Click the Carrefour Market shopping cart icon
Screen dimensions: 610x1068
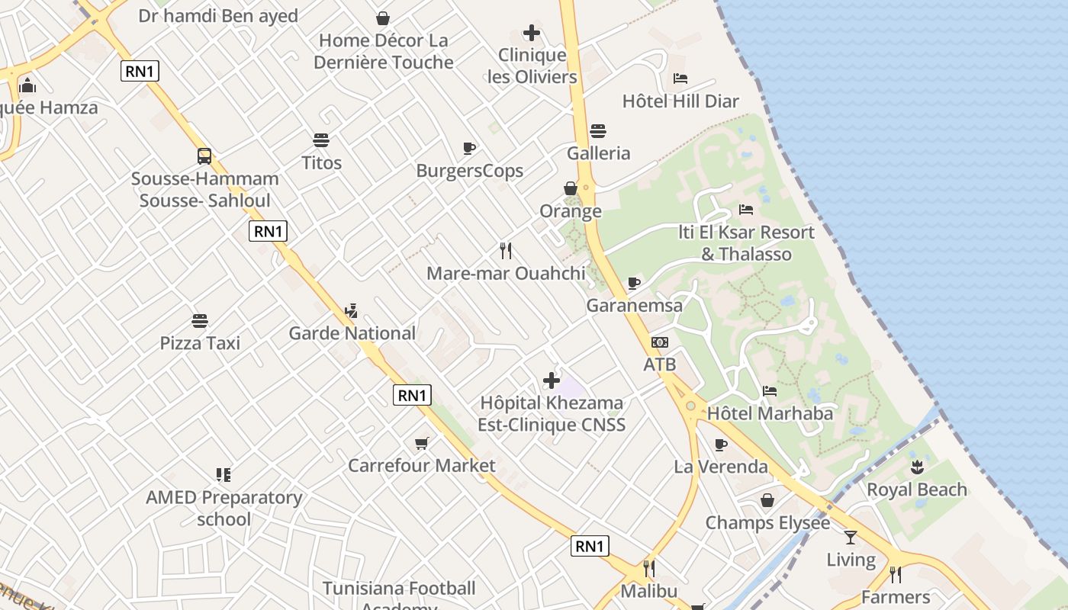(x=421, y=443)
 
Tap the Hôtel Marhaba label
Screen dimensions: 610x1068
(x=770, y=413)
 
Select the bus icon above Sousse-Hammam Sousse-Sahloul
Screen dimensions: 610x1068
(x=204, y=156)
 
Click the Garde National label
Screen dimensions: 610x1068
(x=352, y=333)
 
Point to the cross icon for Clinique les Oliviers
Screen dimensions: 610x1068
(x=532, y=33)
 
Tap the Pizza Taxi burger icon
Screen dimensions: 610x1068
(x=200, y=321)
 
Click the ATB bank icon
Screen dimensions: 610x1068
(x=660, y=342)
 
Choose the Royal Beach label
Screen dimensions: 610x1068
(x=917, y=490)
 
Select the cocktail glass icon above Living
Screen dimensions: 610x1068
(x=851, y=538)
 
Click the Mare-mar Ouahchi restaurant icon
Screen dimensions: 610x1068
(x=505, y=250)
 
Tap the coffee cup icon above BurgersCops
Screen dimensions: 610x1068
(x=469, y=148)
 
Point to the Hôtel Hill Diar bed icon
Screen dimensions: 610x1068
(x=680, y=79)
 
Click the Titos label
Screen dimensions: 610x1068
(x=321, y=162)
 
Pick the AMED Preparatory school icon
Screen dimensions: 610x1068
(x=224, y=475)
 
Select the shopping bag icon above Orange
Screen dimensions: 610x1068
(x=571, y=188)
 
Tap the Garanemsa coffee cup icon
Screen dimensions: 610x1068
(x=634, y=284)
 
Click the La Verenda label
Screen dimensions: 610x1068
(x=721, y=467)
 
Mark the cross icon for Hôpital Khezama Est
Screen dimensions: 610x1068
(x=552, y=380)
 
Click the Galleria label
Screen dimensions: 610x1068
(x=599, y=153)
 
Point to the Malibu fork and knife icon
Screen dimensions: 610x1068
(x=649, y=569)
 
